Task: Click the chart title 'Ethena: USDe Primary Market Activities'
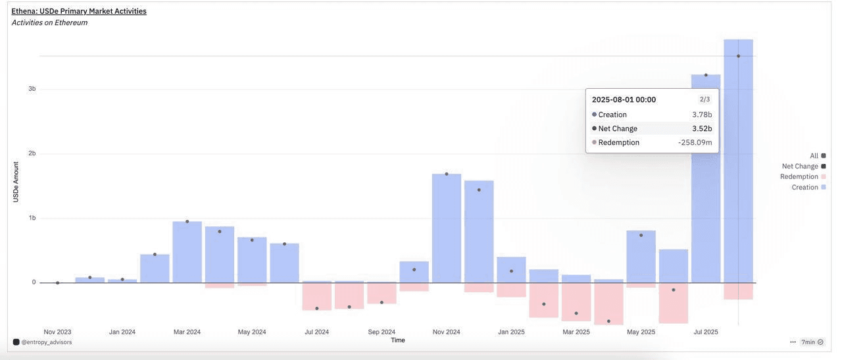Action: pyautogui.click(x=79, y=11)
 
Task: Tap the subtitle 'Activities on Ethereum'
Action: pyautogui.click(x=49, y=22)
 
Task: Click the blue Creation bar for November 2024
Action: pyautogui.click(x=447, y=230)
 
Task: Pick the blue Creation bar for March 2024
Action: pyautogui.click(x=187, y=253)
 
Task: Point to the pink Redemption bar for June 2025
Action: pyautogui.click(x=674, y=303)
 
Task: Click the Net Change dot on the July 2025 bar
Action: pyautogui.click(x=706, y=75)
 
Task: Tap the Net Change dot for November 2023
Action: pyautogui.click(x=57, y=283)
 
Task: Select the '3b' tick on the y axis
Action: pyautogui.click(x=32, y=89)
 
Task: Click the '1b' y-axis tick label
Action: pyautogui.click(x=32, y=218)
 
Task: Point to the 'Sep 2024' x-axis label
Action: pyautogui.click(x=382, y=332)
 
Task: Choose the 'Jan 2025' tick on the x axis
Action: pyautogui.click(x=511, y=332)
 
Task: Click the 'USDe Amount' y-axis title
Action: pyautogui.click(x=15, y=182)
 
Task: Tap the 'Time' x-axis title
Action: pyautogui.click(x=398, y=340)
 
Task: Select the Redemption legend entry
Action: pyautogui.click(x=799, y=177)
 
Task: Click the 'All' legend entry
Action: pyautogui.click(x=814, y=156)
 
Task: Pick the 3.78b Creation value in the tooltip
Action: pyautogui.click(x=702, y=115)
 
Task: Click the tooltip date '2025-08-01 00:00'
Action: pyautogui.click(x=624, y=99)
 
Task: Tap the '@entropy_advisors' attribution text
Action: pyautogui.click(x=46, y=342)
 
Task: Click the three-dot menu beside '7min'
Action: pyautogui.click(x=793, y=342)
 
